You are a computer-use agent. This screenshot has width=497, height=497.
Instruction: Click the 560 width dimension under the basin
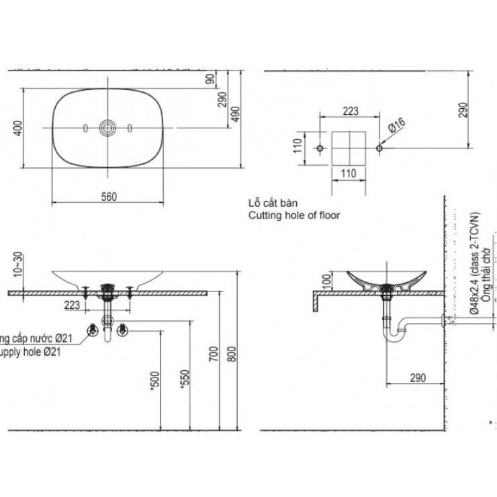point(109,196)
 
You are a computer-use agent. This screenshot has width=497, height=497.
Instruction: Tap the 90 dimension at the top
point(210,79)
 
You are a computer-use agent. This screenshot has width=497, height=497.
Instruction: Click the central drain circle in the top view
point(107,127)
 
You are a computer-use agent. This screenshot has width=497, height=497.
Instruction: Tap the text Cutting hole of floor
point(294,216)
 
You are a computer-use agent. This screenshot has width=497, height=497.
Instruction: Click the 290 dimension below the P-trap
point(417,379)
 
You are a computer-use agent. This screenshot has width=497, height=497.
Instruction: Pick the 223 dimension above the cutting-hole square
point(350,111)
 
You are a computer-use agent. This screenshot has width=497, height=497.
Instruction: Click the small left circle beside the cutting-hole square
point(320,147)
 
